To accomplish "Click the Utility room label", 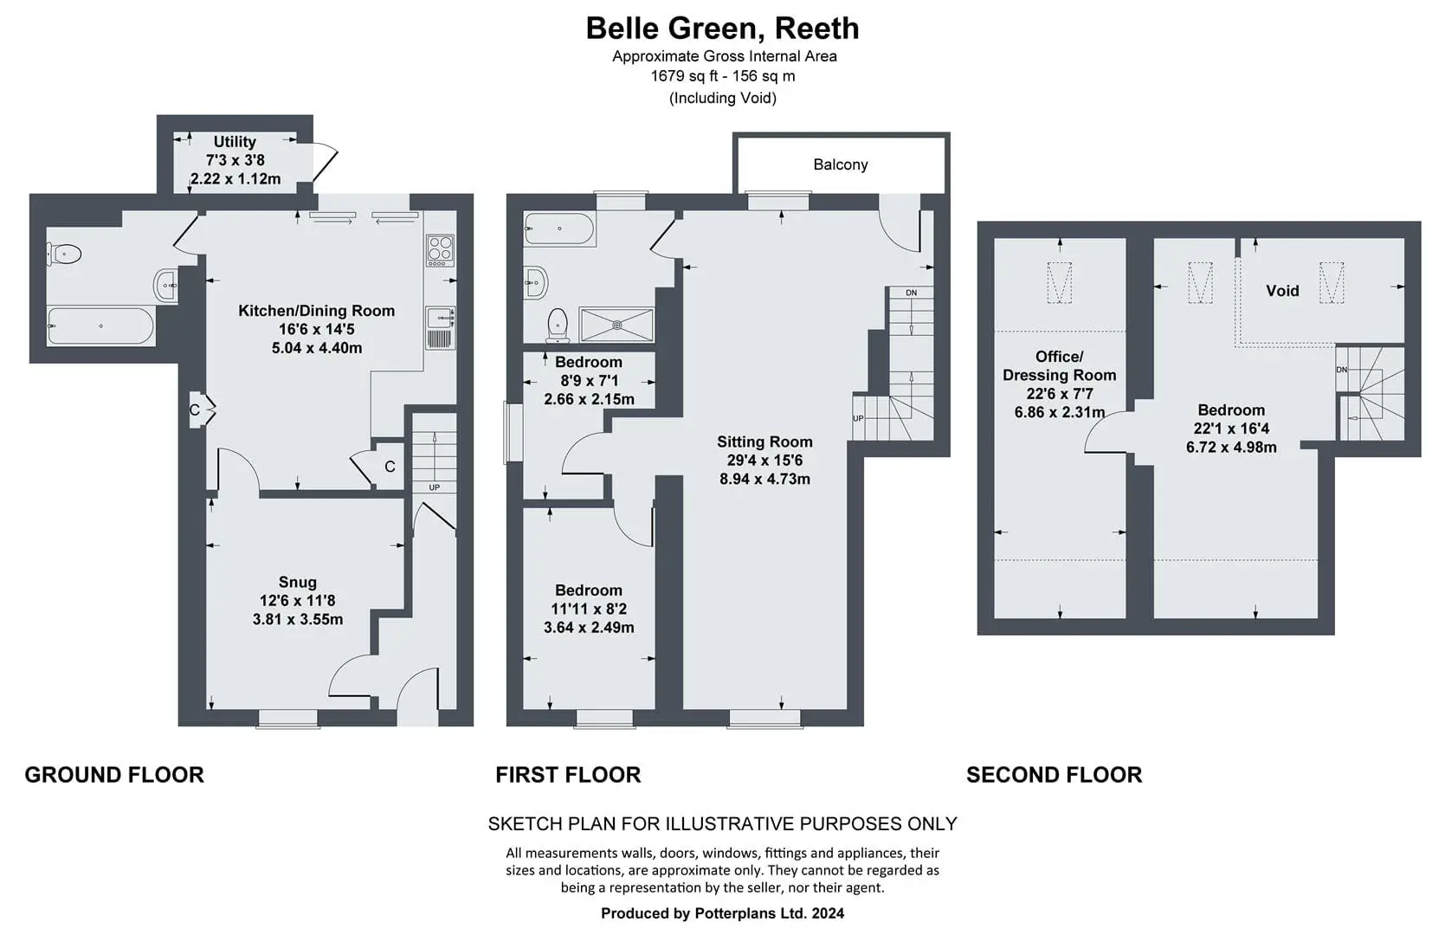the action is pos(235,141).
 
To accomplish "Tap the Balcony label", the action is pos(841,164).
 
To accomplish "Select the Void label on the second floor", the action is pos(1282,291).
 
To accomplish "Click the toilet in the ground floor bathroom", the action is pos(64,254).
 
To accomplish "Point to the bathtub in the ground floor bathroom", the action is pos(100,326).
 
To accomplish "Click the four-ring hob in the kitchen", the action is pos(441,249).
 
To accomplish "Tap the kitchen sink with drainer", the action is pos(441,328).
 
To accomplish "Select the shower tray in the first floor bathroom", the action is pos(616,325).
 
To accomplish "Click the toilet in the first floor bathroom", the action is pos(557,325).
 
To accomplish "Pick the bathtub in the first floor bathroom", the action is pos(558,229).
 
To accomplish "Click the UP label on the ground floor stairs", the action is pos(434,487).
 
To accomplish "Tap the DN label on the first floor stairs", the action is pos(911,293).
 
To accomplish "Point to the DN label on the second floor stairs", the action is pos(1342,370).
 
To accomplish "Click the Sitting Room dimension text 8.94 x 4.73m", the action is pos(765,479).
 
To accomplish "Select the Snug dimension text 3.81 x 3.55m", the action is pos(297,620).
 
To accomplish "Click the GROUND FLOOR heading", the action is pos(114,774).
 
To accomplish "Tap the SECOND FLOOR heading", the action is pos(1054,774).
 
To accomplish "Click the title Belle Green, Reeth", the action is pos(722,29).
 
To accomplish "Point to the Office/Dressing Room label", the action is pos(1059,366).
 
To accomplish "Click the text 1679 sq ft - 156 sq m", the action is pos(722,76).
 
